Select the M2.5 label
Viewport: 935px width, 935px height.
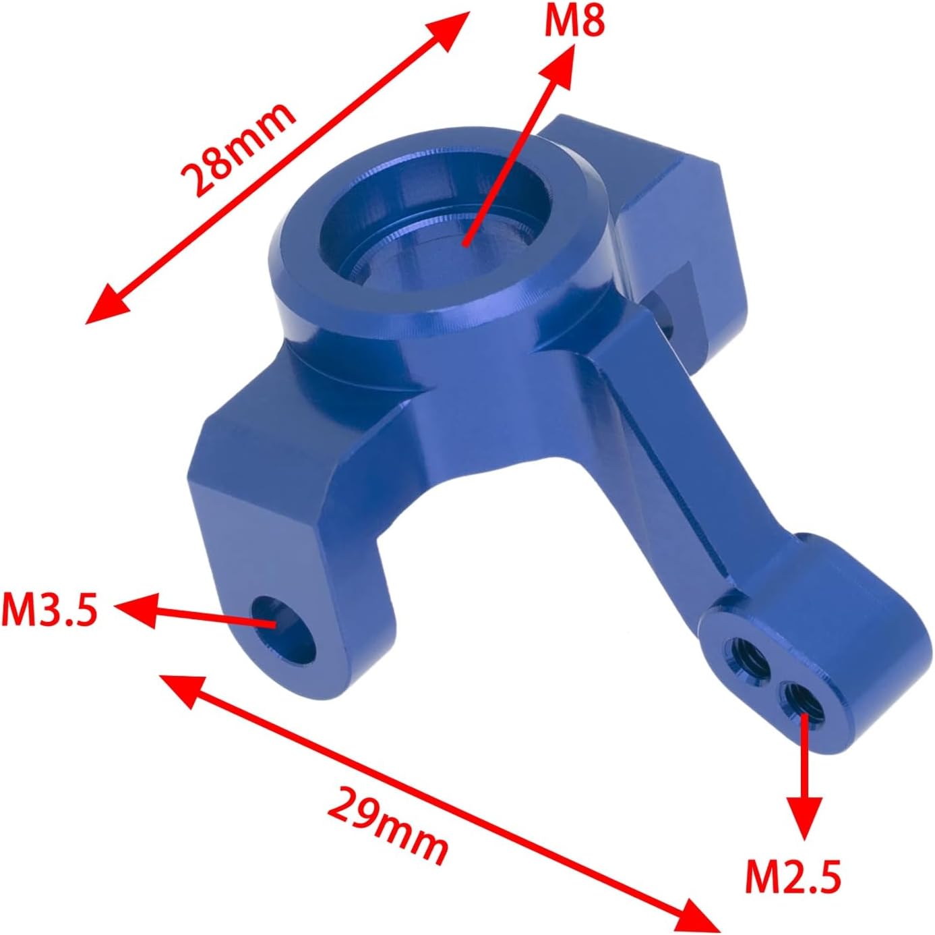click(793, 876)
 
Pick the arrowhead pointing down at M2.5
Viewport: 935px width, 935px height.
click(804, 816)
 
